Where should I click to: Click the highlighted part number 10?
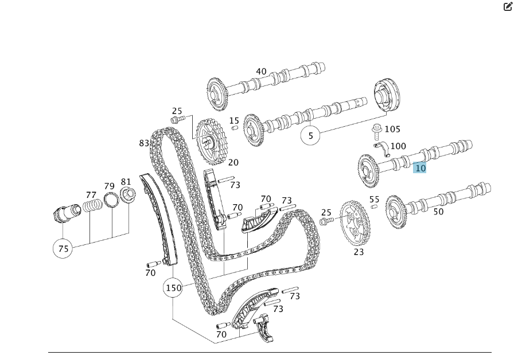[420, 167]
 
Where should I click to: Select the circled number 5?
[311, 136]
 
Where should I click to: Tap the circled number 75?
[63, 249]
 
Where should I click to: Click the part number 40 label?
[261, 72]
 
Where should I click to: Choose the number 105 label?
[392, 130]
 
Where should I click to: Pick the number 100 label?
[398, 146]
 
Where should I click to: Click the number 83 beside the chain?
[144, 143]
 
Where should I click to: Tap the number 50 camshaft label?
[438, 212]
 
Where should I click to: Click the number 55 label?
[374, 200]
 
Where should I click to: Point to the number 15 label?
[234, 120]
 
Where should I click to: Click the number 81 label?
[126, 182]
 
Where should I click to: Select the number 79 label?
[109, 186]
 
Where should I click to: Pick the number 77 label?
[91, 194]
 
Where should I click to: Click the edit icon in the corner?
[507, 7]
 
